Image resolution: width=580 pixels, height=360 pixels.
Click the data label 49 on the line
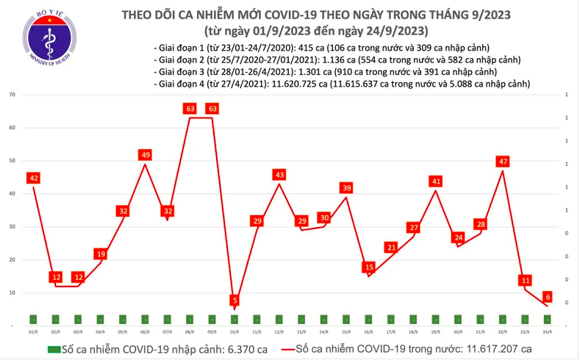(x=146, y=155)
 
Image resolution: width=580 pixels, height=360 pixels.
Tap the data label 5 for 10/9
(x=234, y=300)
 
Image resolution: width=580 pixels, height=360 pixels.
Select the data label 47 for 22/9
(x=502, y=161)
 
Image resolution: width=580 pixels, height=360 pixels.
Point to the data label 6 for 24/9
(x=548, y=297)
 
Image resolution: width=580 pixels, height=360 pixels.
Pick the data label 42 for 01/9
(x=33, y=178)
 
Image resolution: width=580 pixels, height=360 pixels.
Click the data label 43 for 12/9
(x=279, y=175)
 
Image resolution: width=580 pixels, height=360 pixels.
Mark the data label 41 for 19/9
(x=436, y=181)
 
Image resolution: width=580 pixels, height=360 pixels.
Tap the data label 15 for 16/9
(x=369, y=267)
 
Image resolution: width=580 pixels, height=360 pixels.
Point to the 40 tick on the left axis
(x=12, y=194)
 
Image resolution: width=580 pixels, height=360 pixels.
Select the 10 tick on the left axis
(x=12, y=292)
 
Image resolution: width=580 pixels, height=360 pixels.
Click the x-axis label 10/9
(x=234, y=331)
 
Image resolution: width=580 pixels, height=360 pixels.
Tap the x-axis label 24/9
(x=548, y=331)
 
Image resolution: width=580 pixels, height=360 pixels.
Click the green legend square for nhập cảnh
(x=53, y=348)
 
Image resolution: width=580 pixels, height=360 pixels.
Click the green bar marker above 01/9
(x=33, y=319)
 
